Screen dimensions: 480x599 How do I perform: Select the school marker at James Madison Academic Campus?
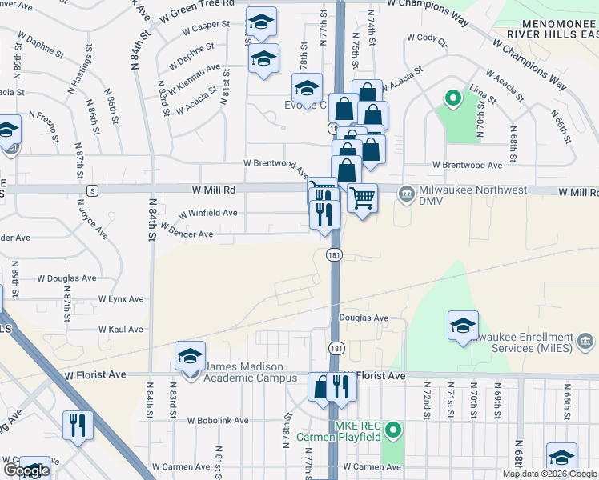click(x=190, y=357)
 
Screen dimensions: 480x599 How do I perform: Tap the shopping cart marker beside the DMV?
click(x=362, y=198)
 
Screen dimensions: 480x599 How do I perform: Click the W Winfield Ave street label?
click(x=207, y=214)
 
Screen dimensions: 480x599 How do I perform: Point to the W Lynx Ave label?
click(x=121, y=298)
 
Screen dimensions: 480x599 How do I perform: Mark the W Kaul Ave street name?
click(x=121, y=329)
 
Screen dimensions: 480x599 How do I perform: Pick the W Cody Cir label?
click(x=426, y=37)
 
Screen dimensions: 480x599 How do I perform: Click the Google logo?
click(x=26, y=470)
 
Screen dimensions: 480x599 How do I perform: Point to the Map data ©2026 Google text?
click(x=550, y=474)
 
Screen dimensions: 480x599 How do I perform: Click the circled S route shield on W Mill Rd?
click(x=93, y=191)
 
